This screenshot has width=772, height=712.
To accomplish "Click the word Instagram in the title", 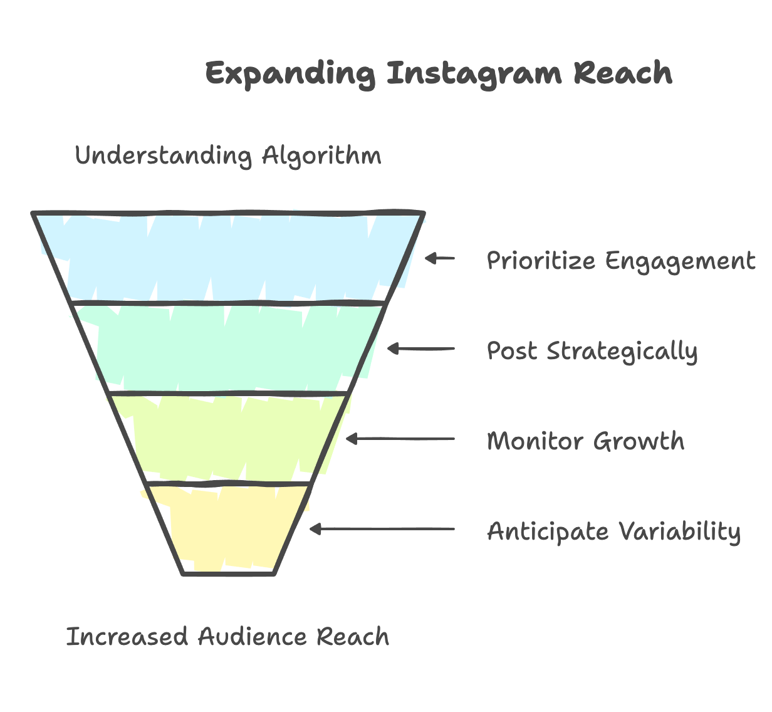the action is pos(474,74).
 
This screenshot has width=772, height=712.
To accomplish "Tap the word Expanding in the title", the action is pos(291,74).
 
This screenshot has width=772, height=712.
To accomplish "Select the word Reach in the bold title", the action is pos(623,74).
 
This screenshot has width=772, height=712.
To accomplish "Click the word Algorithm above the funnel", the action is pos(321,155).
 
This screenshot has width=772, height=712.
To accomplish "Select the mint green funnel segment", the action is pos(229,348).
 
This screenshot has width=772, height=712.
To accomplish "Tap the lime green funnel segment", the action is pos(229,439).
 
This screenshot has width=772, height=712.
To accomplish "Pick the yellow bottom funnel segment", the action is pos(229,528).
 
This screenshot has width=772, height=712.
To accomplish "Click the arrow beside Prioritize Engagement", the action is pos(440,258).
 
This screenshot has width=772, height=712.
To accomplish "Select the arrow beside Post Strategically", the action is pos(421,348).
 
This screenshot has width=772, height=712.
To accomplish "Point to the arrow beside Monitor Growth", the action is pos(400,439).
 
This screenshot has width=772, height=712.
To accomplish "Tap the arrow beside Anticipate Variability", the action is pos(382,530).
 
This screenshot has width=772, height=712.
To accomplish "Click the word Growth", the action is pos(639,441).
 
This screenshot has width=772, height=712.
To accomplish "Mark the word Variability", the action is pos(680,532).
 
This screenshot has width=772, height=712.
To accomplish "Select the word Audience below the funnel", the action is pos(253,637).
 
